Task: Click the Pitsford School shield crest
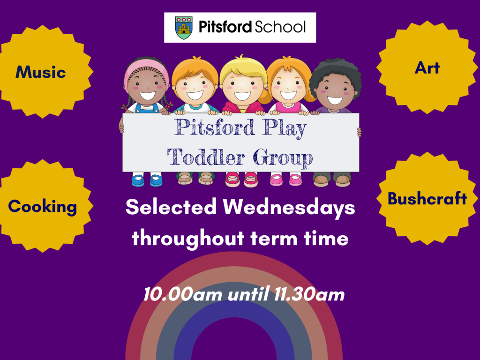[x=184, y=28]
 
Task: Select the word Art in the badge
[x=427, y=68]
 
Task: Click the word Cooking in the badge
[x=43, y=207]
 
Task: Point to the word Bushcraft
[x=427, y=198]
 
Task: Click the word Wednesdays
[x=289, y=207]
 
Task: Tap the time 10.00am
[x=183, y=294]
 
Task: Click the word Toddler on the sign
[x=206, y=157]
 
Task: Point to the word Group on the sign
[x=283, y=158]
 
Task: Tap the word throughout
[x=188, y=239]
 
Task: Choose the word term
[x=274, y=239]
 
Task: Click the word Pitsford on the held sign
[x=215, y=127]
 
